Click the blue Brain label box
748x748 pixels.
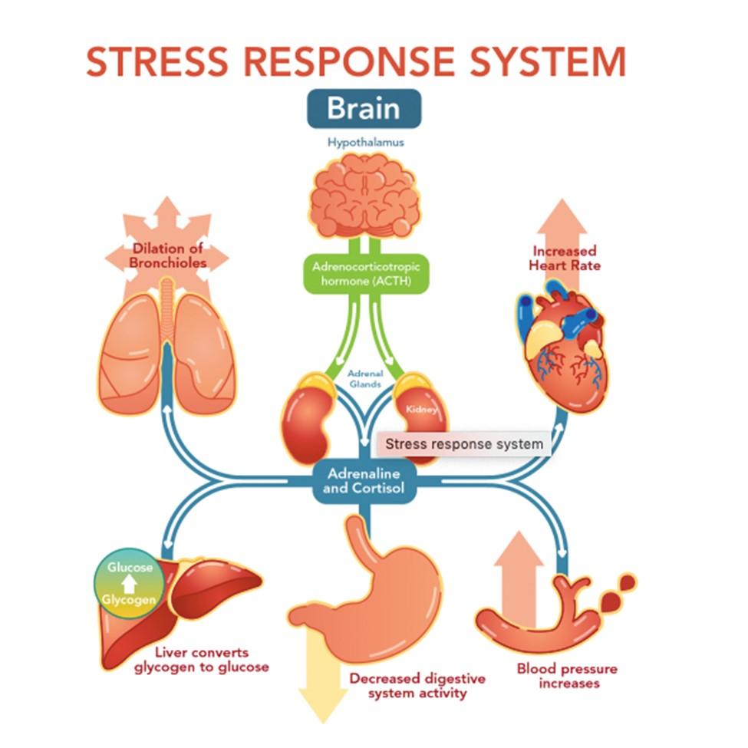click(x=364, y=108)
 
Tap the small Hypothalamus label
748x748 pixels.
click(x=364, y=142)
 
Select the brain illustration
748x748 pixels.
click(x=365, y=196)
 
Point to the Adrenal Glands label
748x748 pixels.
click(x=365, y=378)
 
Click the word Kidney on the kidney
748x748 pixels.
click(x=421, y=409)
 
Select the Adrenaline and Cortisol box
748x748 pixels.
click(x=364, y=481)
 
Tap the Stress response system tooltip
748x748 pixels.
click(x=463, y=443)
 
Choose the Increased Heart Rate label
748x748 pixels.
click(x=564, y=258)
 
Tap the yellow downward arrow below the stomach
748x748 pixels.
click(x=323, y=690)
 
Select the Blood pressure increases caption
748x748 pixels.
click(x=567, y=675)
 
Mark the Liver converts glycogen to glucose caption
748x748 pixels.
click(x=202, y=659)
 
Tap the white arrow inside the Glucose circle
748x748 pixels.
click(x=130, y=583)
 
